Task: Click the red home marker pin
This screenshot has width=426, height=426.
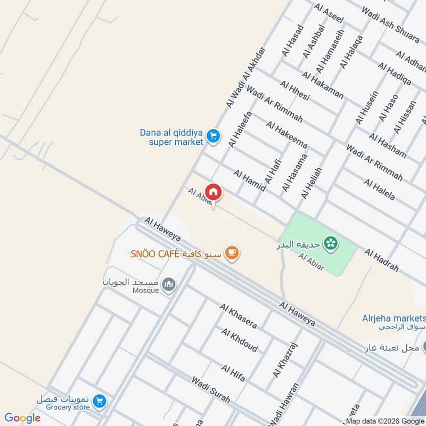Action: click(213, 191)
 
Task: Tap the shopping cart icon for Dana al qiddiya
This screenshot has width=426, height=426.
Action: click(213, 137)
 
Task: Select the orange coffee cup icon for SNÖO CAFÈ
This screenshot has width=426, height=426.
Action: click(231, 253)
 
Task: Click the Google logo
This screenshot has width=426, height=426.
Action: click(22, 418)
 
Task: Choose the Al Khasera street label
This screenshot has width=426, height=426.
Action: click(238, 316)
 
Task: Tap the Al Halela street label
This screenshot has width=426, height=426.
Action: click(379, 190)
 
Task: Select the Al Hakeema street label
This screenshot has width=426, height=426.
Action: click(287, 135)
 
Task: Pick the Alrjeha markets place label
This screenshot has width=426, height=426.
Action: click(391, 318)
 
